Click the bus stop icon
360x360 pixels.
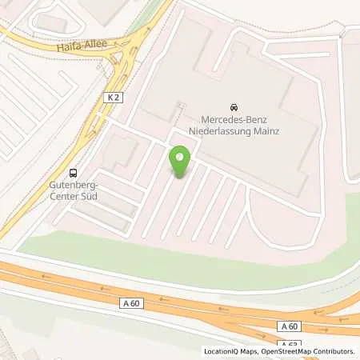pos(74,172)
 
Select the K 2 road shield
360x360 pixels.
pos(113,97)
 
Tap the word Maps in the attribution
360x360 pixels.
pos(244,351)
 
